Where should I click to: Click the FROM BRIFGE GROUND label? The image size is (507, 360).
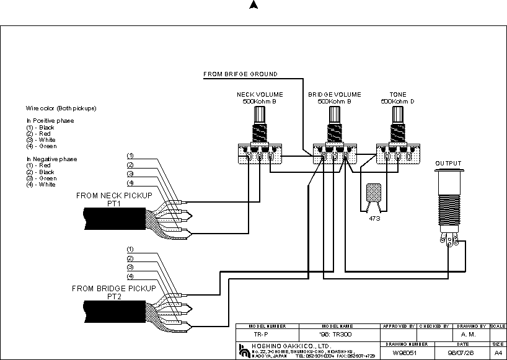point(240,74)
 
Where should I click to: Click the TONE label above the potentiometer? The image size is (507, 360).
point(397,95)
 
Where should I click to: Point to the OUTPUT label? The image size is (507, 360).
point(448,164)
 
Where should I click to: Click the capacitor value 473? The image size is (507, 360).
point(374,218)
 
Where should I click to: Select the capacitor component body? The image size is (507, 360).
point(374,193)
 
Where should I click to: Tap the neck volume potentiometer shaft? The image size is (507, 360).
point(259,115)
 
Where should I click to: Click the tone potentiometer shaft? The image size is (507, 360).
point(397,115)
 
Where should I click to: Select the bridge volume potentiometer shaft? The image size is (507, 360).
point(335,115)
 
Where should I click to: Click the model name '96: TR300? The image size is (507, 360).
point(337,334)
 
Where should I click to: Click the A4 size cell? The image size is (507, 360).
point(498,352)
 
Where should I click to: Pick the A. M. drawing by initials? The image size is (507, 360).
point(469,334)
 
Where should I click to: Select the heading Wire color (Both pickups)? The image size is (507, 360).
point(61,108)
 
